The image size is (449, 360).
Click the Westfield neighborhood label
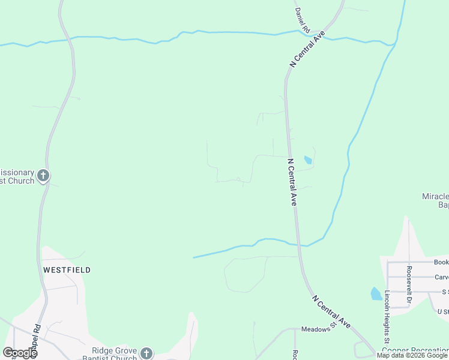coord(67,270)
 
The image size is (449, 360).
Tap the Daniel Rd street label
coord(302,20)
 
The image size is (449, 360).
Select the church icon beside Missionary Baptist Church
coord(43,176)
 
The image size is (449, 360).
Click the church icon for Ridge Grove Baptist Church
coord(146,354)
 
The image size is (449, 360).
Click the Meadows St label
coord(316,329)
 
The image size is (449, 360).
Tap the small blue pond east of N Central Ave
coord(308,160)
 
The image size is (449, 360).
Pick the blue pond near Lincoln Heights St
coord(376,293)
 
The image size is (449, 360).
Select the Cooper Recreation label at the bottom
coord(415,350)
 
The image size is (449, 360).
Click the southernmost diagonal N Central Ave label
coord(331,311)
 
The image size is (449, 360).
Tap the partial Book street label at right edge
coord(441,263)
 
